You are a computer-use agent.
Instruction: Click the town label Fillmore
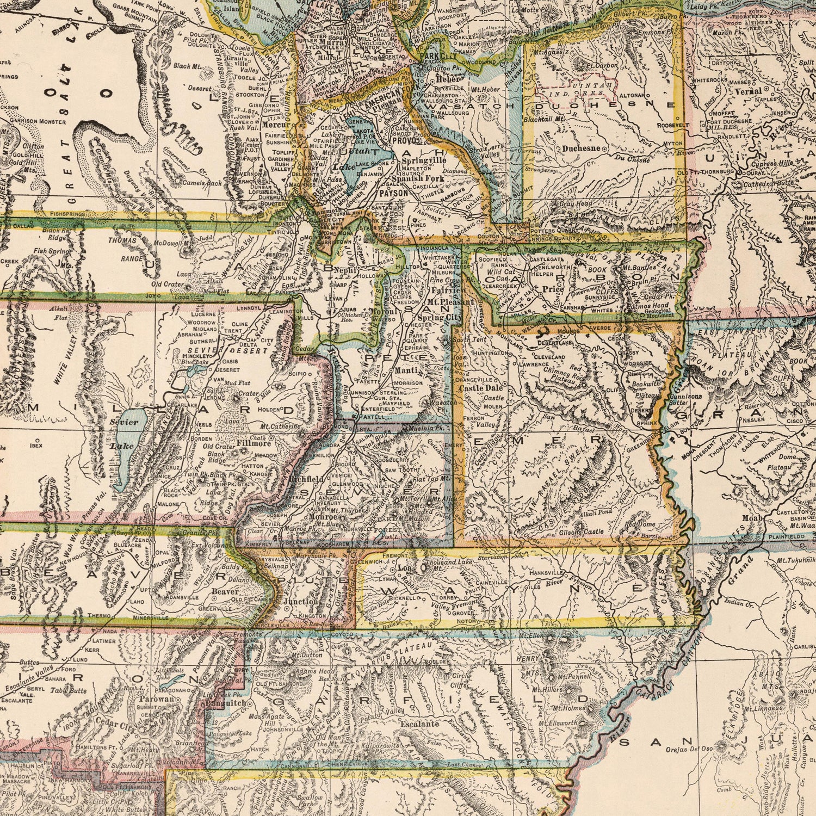pos(255,443)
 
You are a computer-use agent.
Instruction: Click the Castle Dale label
pos(480,388)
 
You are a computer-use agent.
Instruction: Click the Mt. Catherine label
pos(280,427)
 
